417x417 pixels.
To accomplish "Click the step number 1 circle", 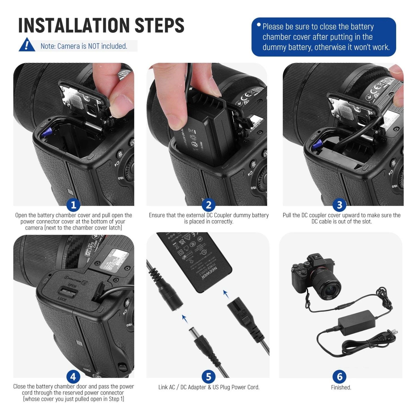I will pos(73,205).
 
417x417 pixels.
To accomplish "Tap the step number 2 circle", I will pos(209,205).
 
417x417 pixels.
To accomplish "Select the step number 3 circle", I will pos(339,205).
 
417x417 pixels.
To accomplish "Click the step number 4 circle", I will pos(73,377).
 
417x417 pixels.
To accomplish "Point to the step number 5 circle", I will pos(209,377).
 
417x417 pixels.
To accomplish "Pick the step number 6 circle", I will pos(339,377).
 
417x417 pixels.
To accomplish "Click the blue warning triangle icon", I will pos(27,45).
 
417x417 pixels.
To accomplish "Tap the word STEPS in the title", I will pos(159,25).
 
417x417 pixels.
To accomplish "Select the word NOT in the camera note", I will pos(93,46).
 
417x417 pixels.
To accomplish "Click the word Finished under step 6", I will pos(341,387).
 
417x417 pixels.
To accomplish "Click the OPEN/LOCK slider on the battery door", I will pos(68,292).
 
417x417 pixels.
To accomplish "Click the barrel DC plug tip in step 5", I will pos(193,332).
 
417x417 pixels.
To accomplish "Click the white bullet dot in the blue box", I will pos(259,25).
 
